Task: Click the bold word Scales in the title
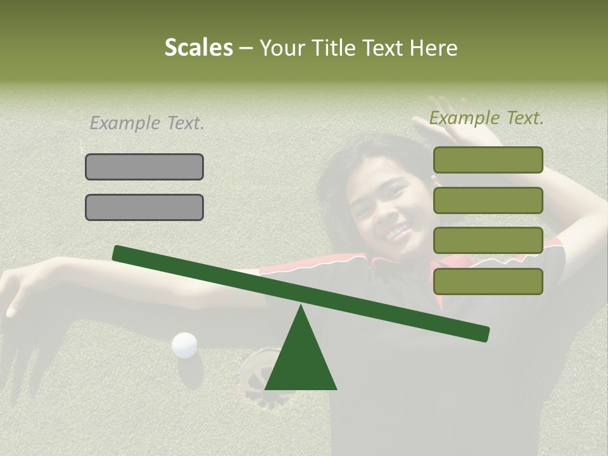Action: [198, 47]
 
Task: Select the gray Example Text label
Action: [147, 123]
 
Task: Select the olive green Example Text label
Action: [486, 118]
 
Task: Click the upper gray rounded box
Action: [144, 167]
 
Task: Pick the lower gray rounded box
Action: [144, 207]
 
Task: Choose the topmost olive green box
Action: [488, 160]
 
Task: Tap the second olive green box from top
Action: [488, 200]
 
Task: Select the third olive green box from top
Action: [488, 241]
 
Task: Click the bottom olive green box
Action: [488, 281]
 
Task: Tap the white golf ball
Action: [184, 345]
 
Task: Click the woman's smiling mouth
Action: [397, 233]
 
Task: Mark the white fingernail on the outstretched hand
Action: [10, 312]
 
